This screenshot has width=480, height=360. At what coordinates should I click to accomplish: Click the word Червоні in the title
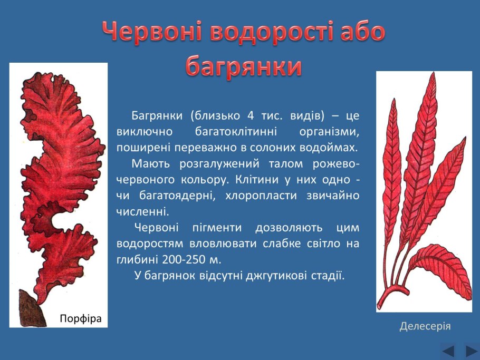[151, 33]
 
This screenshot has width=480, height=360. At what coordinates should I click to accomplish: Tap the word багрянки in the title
[244, 67]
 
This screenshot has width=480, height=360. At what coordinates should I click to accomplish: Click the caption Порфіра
[80, 318]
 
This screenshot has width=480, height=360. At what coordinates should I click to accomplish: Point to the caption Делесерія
[425, 326]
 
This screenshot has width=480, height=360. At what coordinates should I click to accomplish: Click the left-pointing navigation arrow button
[448, 351]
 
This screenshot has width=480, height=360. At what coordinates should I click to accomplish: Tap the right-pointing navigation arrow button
[471, 351]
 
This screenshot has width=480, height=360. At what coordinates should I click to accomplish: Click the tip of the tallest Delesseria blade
[434, 74]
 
